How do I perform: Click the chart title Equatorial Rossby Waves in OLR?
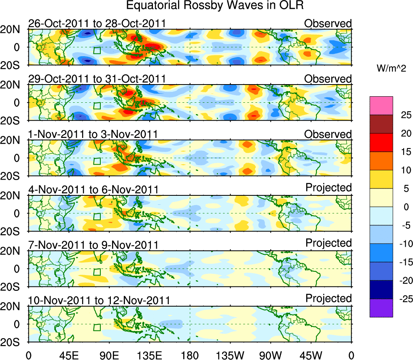tap(215, 6)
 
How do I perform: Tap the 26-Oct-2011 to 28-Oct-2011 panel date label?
tap(97, 23)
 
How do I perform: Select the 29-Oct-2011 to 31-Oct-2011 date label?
tap(97, 78)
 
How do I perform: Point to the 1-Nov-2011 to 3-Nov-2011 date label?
tap(93, 134)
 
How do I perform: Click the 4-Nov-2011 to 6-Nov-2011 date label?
tap(93, 189)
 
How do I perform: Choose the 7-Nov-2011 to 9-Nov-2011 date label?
tap(93, 245)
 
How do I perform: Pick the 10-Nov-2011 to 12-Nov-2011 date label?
tap(99, 300)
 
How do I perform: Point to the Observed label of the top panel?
tap(328, 23)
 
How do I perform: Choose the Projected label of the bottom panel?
tap(328, 299)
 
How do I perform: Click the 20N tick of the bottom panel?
tap(13, 307)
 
